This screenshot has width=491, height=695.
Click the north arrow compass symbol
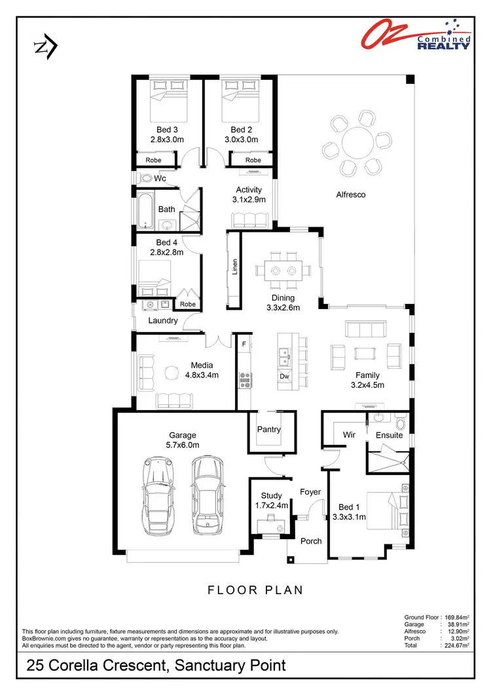45,47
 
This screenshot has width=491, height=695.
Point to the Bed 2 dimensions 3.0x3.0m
241,140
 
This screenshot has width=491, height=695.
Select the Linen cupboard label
234,267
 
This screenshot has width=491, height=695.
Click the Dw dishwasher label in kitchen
284,377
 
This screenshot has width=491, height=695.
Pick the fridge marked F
244,343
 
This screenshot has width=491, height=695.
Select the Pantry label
268,430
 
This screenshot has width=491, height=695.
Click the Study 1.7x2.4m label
270,500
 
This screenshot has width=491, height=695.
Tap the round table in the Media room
171,372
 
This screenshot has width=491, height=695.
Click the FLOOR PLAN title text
255,590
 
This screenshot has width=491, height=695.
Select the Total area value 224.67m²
455,645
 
